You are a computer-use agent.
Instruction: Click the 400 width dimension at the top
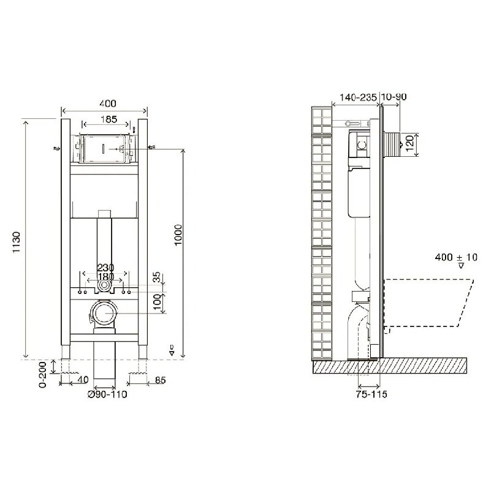click(108, 104)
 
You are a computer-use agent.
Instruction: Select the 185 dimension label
click(108, 119)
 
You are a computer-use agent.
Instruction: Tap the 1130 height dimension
click(17, 243)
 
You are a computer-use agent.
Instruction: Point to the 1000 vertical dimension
click(178, 235)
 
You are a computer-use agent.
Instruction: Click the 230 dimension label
click(105, 268)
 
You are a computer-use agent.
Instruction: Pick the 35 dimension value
click(156, 277)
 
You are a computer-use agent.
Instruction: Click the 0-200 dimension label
click(43, 374)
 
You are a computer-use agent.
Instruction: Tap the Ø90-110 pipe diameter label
click(107, 394)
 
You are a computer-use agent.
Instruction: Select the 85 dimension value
click(160, 380)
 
